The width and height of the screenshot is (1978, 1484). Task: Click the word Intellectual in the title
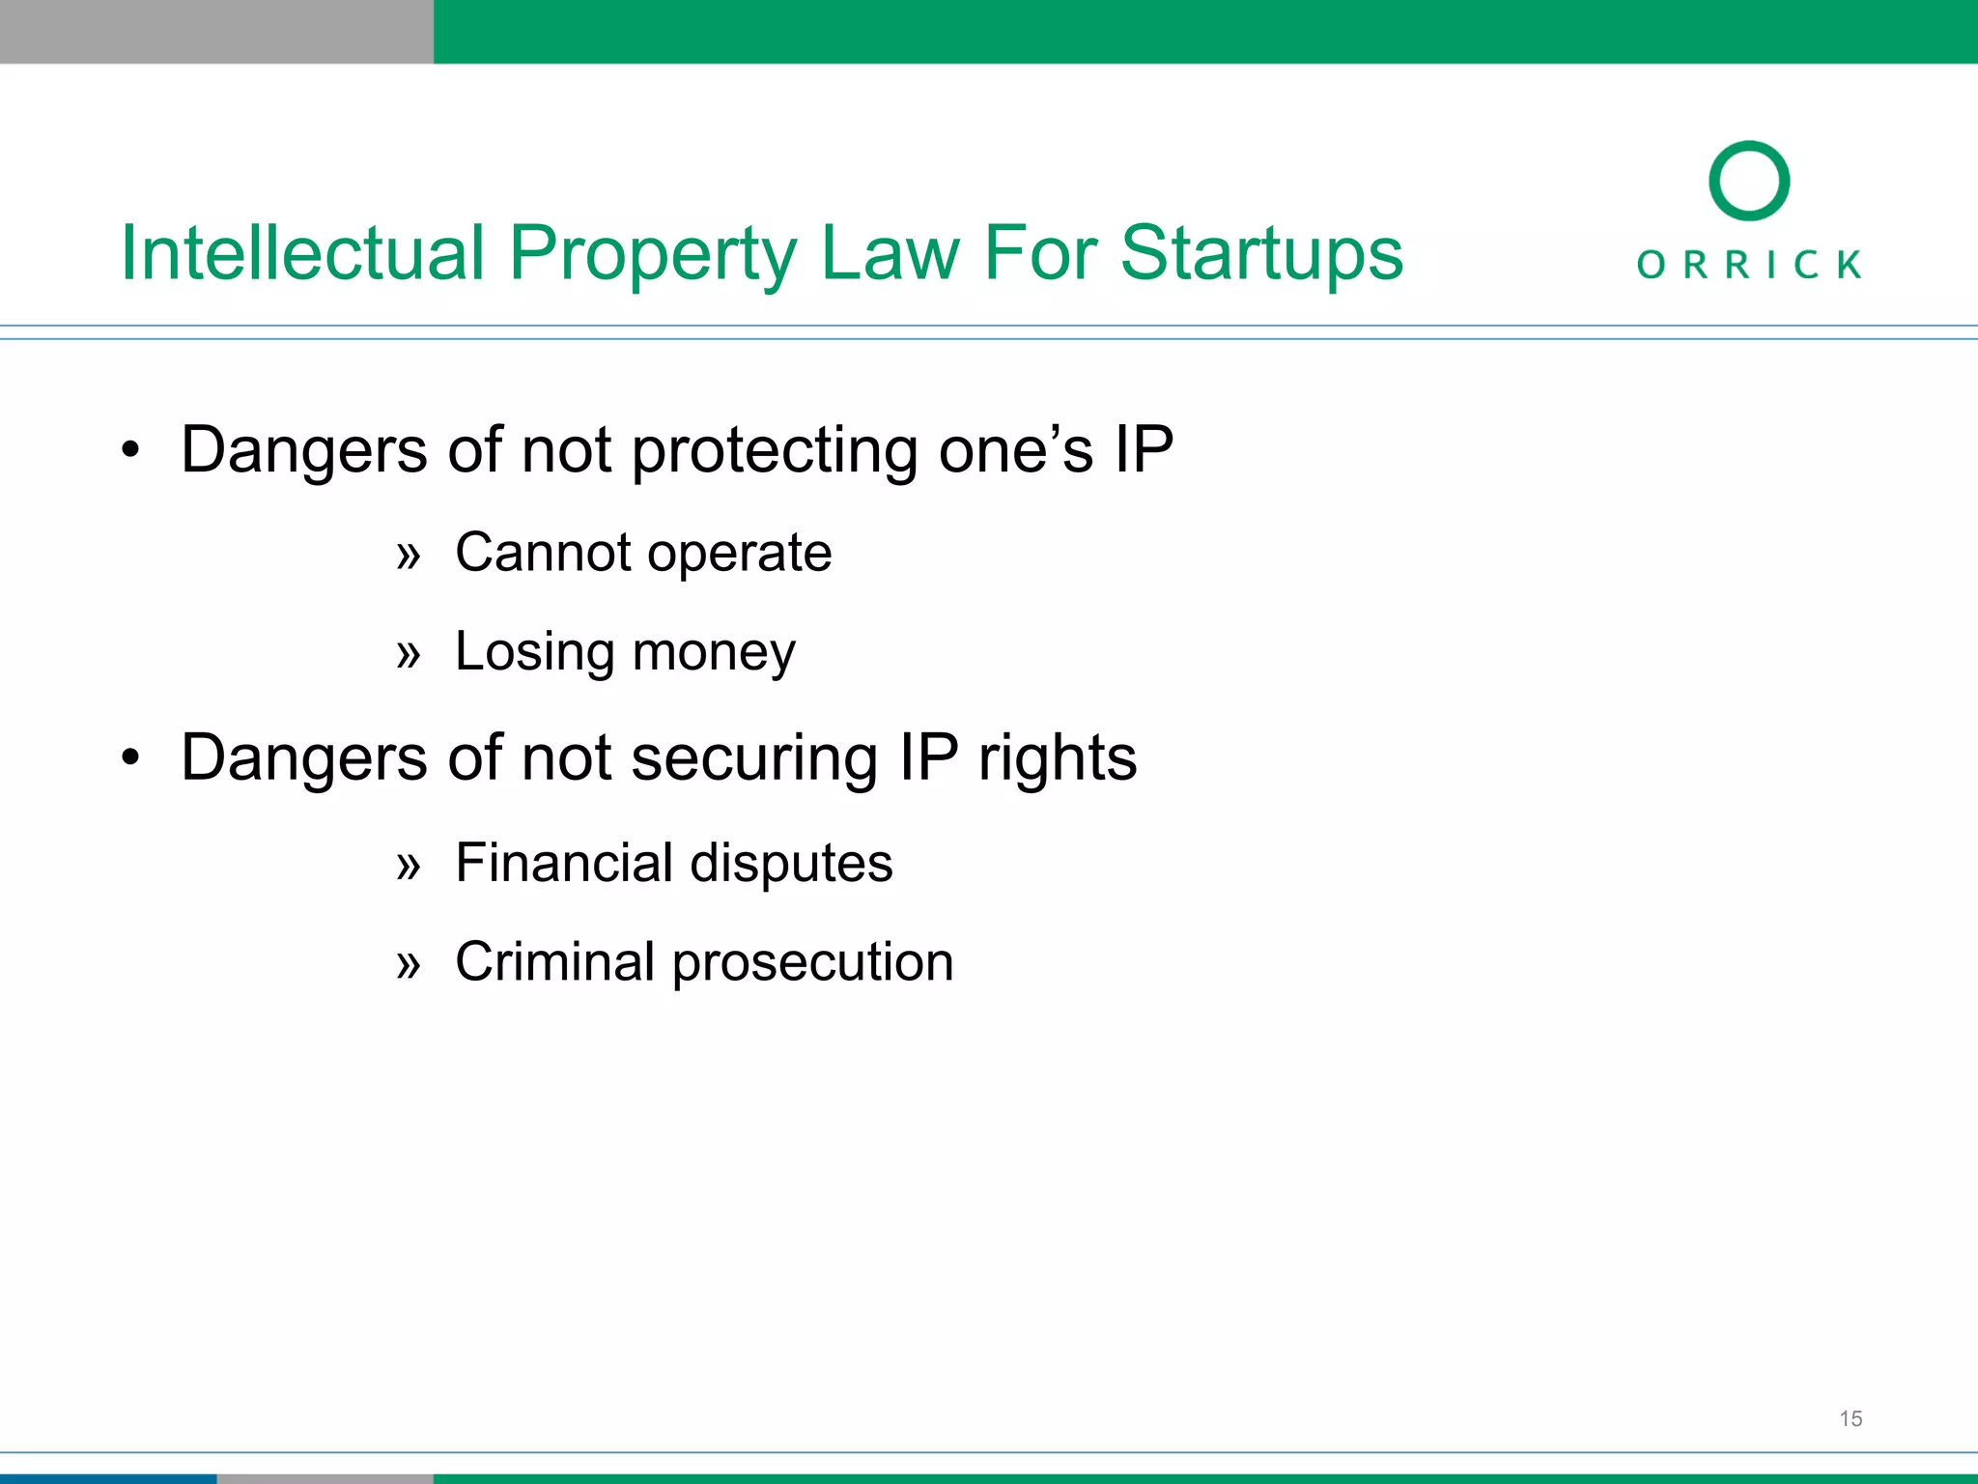click(x=301, y=253)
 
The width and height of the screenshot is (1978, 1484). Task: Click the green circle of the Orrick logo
click(x=1749, y=181)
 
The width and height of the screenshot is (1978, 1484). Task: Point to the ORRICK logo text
click(x=1749, y=265)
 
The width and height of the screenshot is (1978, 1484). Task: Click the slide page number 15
click(x=1851, y=1418)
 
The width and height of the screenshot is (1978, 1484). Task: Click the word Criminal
click(x=555, y=961)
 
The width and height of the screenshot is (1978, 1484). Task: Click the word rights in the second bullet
click(x=1058, y=759)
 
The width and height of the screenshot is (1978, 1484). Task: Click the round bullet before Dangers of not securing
click(x=130, y=757)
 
